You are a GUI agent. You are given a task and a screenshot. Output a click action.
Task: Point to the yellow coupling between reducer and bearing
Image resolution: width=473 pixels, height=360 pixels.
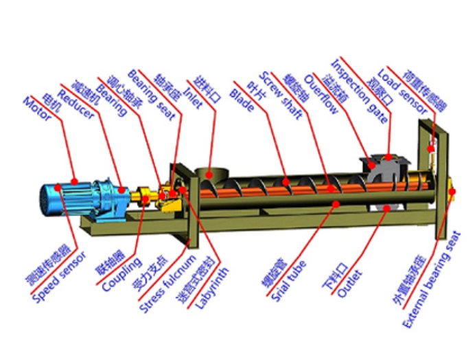[x=144, y=198]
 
